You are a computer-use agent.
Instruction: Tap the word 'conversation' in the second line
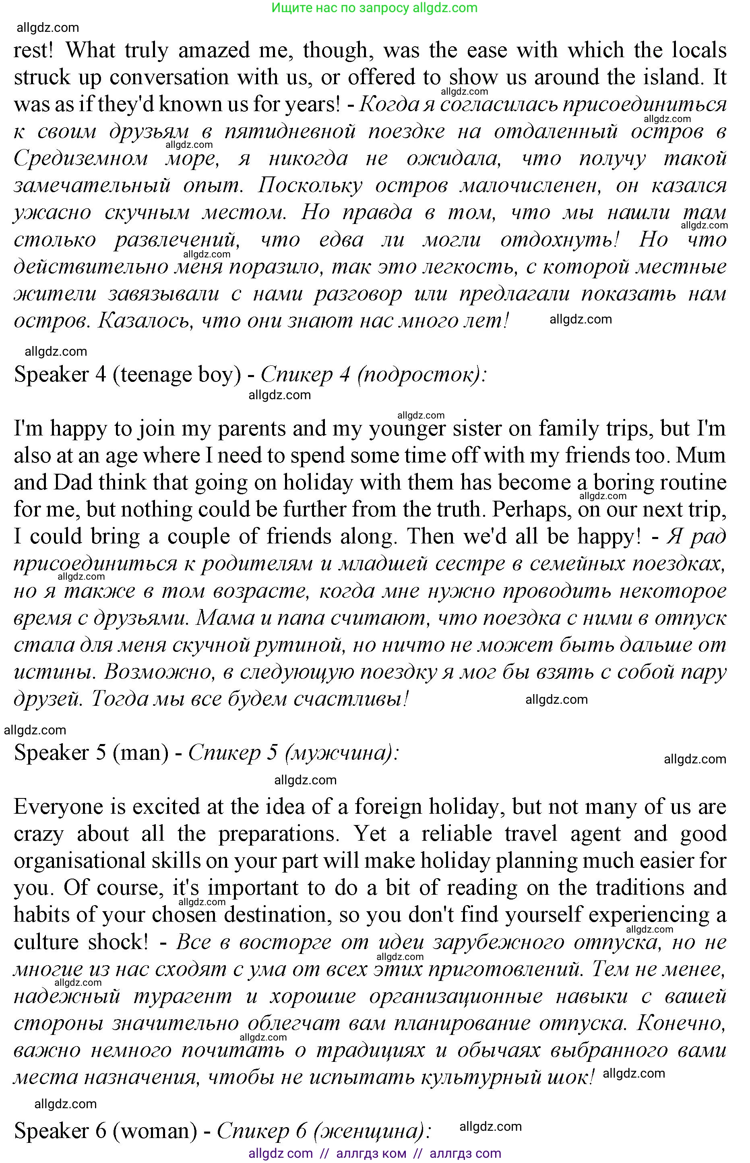pos(169,77)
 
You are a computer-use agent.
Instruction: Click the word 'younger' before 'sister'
pos(407,429)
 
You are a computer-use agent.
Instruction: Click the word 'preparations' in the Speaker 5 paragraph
pos(278,834)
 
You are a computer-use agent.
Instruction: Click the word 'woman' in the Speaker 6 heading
pos(155,1131)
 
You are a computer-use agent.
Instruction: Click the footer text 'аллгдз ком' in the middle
pos(372,1154)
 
